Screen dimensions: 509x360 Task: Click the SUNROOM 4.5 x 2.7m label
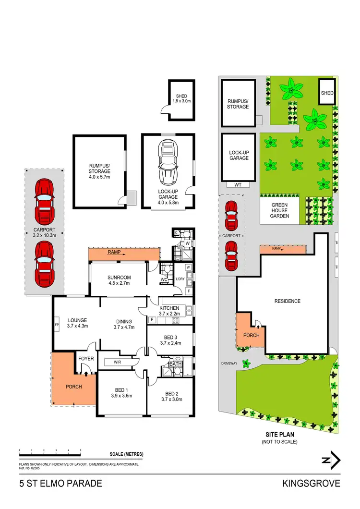point(119,281)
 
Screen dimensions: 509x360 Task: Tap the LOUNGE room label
point(77,323)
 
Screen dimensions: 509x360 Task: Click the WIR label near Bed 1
point(117,362)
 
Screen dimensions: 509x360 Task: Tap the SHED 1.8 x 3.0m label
point(181,98)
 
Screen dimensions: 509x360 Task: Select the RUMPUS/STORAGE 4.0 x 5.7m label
point(99,171)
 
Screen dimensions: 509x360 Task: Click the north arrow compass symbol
point(331,460)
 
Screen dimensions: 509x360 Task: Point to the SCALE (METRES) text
point(126,454)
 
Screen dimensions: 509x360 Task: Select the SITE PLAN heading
point(279,435)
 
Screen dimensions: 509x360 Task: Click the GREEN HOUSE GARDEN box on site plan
point(279,210)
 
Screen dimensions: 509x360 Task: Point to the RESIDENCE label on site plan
point(287,301)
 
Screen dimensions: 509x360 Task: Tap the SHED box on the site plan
point(327,92)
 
